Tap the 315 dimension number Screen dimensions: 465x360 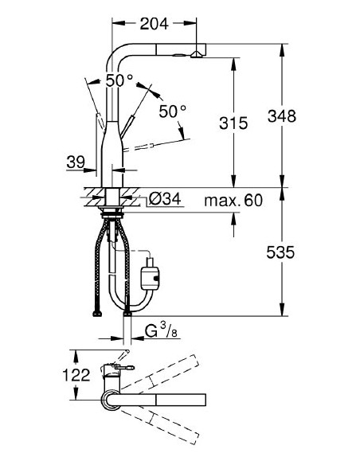click(x=233, y=123)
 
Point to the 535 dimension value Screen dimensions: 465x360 click(x=281, y=252)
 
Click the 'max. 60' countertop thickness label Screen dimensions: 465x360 click(x=233, y=200)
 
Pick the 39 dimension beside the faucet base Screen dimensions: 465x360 click(x=76, y=162)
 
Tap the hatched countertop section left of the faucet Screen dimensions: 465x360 click(x=92, y=193)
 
